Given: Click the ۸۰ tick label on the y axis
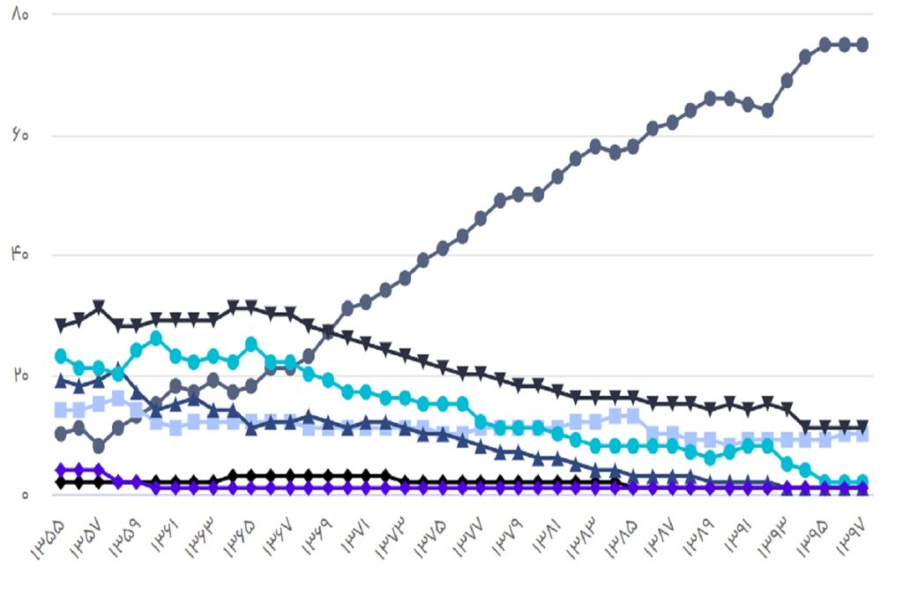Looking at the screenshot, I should (20, 15).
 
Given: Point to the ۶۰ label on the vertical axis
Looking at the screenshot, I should (20, 135).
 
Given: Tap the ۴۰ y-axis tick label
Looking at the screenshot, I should (20, 254).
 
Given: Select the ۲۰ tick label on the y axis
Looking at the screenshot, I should (20, 375).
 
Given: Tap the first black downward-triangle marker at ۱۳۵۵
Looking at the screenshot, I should (61, 326).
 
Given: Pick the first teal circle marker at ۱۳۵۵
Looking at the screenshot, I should (61, 356).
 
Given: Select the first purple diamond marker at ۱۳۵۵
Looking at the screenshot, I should (61, 470).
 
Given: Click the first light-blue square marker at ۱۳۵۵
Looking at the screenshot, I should (61, 410).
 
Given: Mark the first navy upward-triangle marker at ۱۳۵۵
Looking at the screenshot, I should (61, 380).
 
